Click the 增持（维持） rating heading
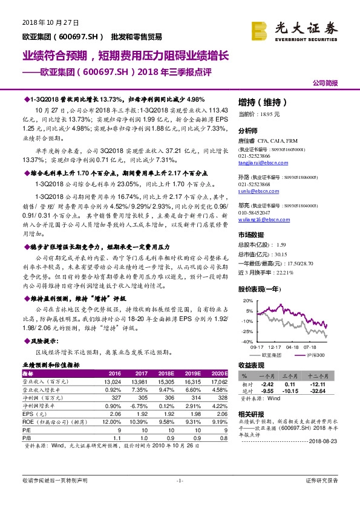(x=262, y=102)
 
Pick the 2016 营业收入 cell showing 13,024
(x=113, y=381)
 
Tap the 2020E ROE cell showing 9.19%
(x=218, y=422)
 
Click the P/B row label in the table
(x=27, y=437)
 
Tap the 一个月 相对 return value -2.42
(x=267, y=384)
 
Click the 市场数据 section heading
(x=251, y=235)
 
